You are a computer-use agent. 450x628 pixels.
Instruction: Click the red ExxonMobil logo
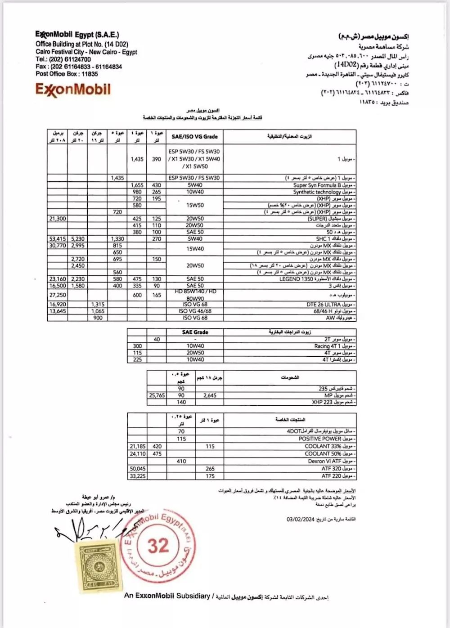(73, 90)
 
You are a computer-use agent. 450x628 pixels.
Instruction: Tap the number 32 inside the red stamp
(158, 546)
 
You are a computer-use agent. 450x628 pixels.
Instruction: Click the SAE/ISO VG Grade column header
(194, 136)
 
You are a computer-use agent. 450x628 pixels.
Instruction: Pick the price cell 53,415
(57, 239)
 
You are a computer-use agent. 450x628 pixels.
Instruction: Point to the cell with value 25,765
(157, 395)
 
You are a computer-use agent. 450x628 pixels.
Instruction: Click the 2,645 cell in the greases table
(210, 395)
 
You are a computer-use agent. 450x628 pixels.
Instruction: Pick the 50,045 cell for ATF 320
(137, 469)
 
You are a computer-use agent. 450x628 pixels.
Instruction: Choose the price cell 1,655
(137, 185)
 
